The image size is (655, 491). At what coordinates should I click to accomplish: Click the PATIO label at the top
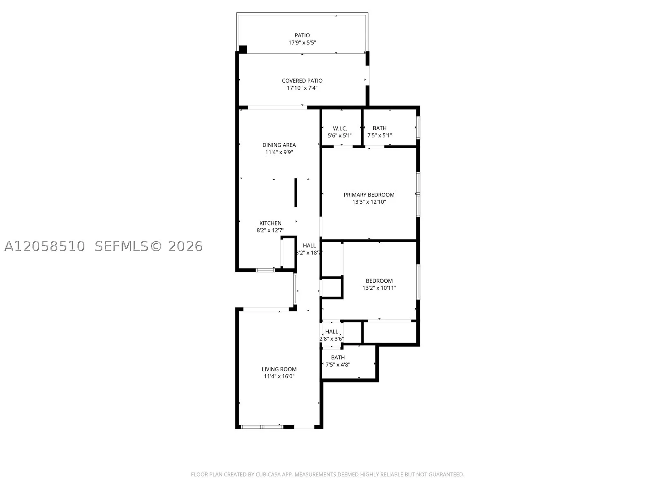click(x=302, y=35)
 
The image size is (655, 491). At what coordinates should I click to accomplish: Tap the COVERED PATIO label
click(x=302, y=81)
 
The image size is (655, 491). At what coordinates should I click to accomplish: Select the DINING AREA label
click(x=279, y=145)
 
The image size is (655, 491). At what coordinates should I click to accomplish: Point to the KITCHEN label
click(x=270, y=223)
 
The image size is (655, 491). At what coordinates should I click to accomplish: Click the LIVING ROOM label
click(x=279, y=369)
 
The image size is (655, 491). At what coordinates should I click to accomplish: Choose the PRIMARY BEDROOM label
click(x=369, y=195)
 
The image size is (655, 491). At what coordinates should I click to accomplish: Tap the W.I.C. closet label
click(x=340, y=128)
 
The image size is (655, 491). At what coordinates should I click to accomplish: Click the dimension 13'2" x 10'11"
click(x=379, y=288)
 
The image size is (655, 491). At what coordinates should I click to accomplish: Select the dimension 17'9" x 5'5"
click(x=302, y=43)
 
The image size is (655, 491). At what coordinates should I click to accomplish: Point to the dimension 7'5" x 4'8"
click(x=338, y=365)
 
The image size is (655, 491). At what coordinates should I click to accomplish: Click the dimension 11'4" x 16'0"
click(x=279, y=376)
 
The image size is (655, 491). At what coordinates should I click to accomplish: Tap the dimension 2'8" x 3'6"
click(x=332, y=339)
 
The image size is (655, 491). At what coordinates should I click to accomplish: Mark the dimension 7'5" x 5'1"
click(x=379, y=135)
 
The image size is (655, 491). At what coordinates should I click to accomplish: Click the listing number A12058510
click(x=45, y=247)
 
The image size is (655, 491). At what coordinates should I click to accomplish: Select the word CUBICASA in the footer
click(x=269, y=474)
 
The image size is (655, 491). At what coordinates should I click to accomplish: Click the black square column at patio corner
click(x=243, y=49)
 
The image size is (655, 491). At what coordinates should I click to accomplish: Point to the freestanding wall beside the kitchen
click(x=296, y=193)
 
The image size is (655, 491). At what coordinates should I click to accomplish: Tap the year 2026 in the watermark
click(x=185, y=247)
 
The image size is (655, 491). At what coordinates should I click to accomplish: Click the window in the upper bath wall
click(x=418, y=128)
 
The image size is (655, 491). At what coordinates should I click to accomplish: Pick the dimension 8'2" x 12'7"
click(x=270, y=230)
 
